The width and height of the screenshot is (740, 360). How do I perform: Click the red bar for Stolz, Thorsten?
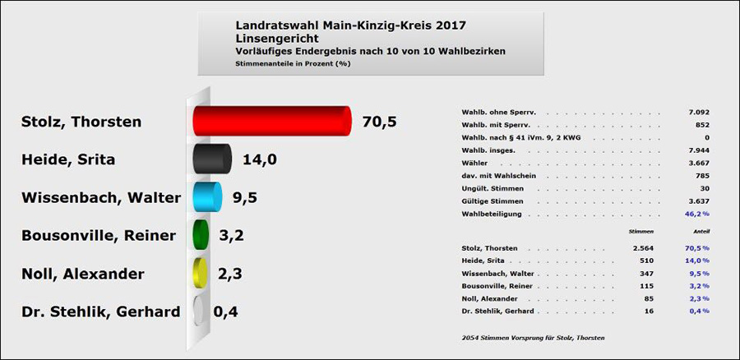pos(271,121)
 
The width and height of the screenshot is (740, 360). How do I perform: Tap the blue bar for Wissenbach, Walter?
pos(206,197)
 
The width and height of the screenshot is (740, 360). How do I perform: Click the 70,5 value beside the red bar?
pos(379,122)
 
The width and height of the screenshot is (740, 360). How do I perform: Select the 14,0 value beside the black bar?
pos(259,159)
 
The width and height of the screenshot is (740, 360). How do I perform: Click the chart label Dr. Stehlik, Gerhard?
pos(101,312)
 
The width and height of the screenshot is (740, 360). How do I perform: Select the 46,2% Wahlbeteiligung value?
pos(696,213)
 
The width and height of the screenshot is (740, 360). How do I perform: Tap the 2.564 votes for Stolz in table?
pos(642,247)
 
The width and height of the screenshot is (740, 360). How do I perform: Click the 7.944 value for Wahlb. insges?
pos(698,150)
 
